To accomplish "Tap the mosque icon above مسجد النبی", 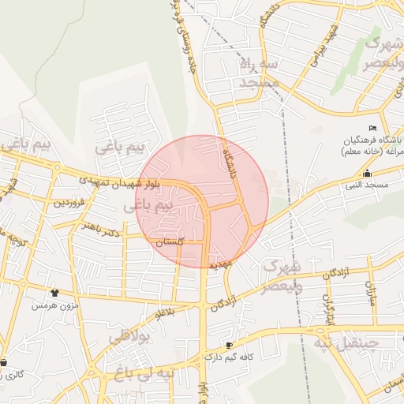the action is [x=367, y=173].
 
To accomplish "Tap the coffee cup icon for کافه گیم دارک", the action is [x=229, y=345].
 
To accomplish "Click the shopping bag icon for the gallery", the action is [x=5, y=363].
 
